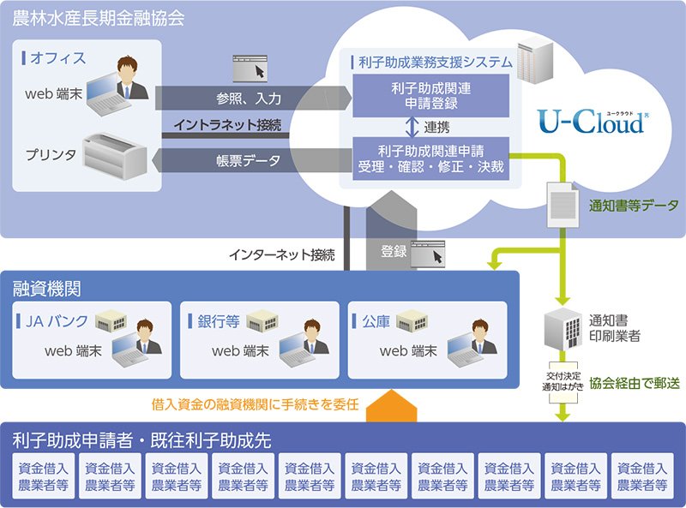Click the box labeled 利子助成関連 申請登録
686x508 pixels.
pos(432,94)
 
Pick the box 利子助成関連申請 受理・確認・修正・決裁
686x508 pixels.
pos(432,158)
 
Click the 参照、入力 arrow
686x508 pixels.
pos(249,99)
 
